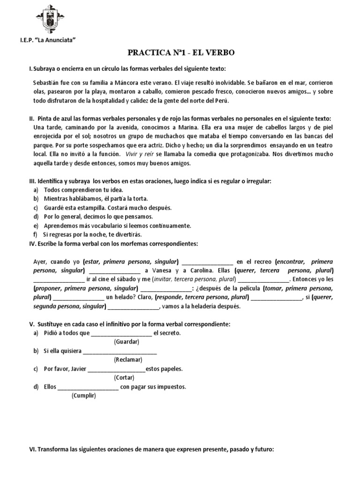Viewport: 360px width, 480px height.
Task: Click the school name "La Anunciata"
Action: tap(60, 41)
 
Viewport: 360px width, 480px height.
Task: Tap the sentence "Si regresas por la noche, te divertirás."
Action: tap(92, 234)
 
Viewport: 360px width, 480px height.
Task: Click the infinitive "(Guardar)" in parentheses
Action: tap(127, 342)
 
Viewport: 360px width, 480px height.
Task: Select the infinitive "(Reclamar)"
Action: tap(128, 360)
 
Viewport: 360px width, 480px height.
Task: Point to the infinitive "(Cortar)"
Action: tap(124, 377)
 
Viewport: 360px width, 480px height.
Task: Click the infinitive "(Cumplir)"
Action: tap(83, 396)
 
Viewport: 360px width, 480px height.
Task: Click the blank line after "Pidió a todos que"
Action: tap(121, 333)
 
